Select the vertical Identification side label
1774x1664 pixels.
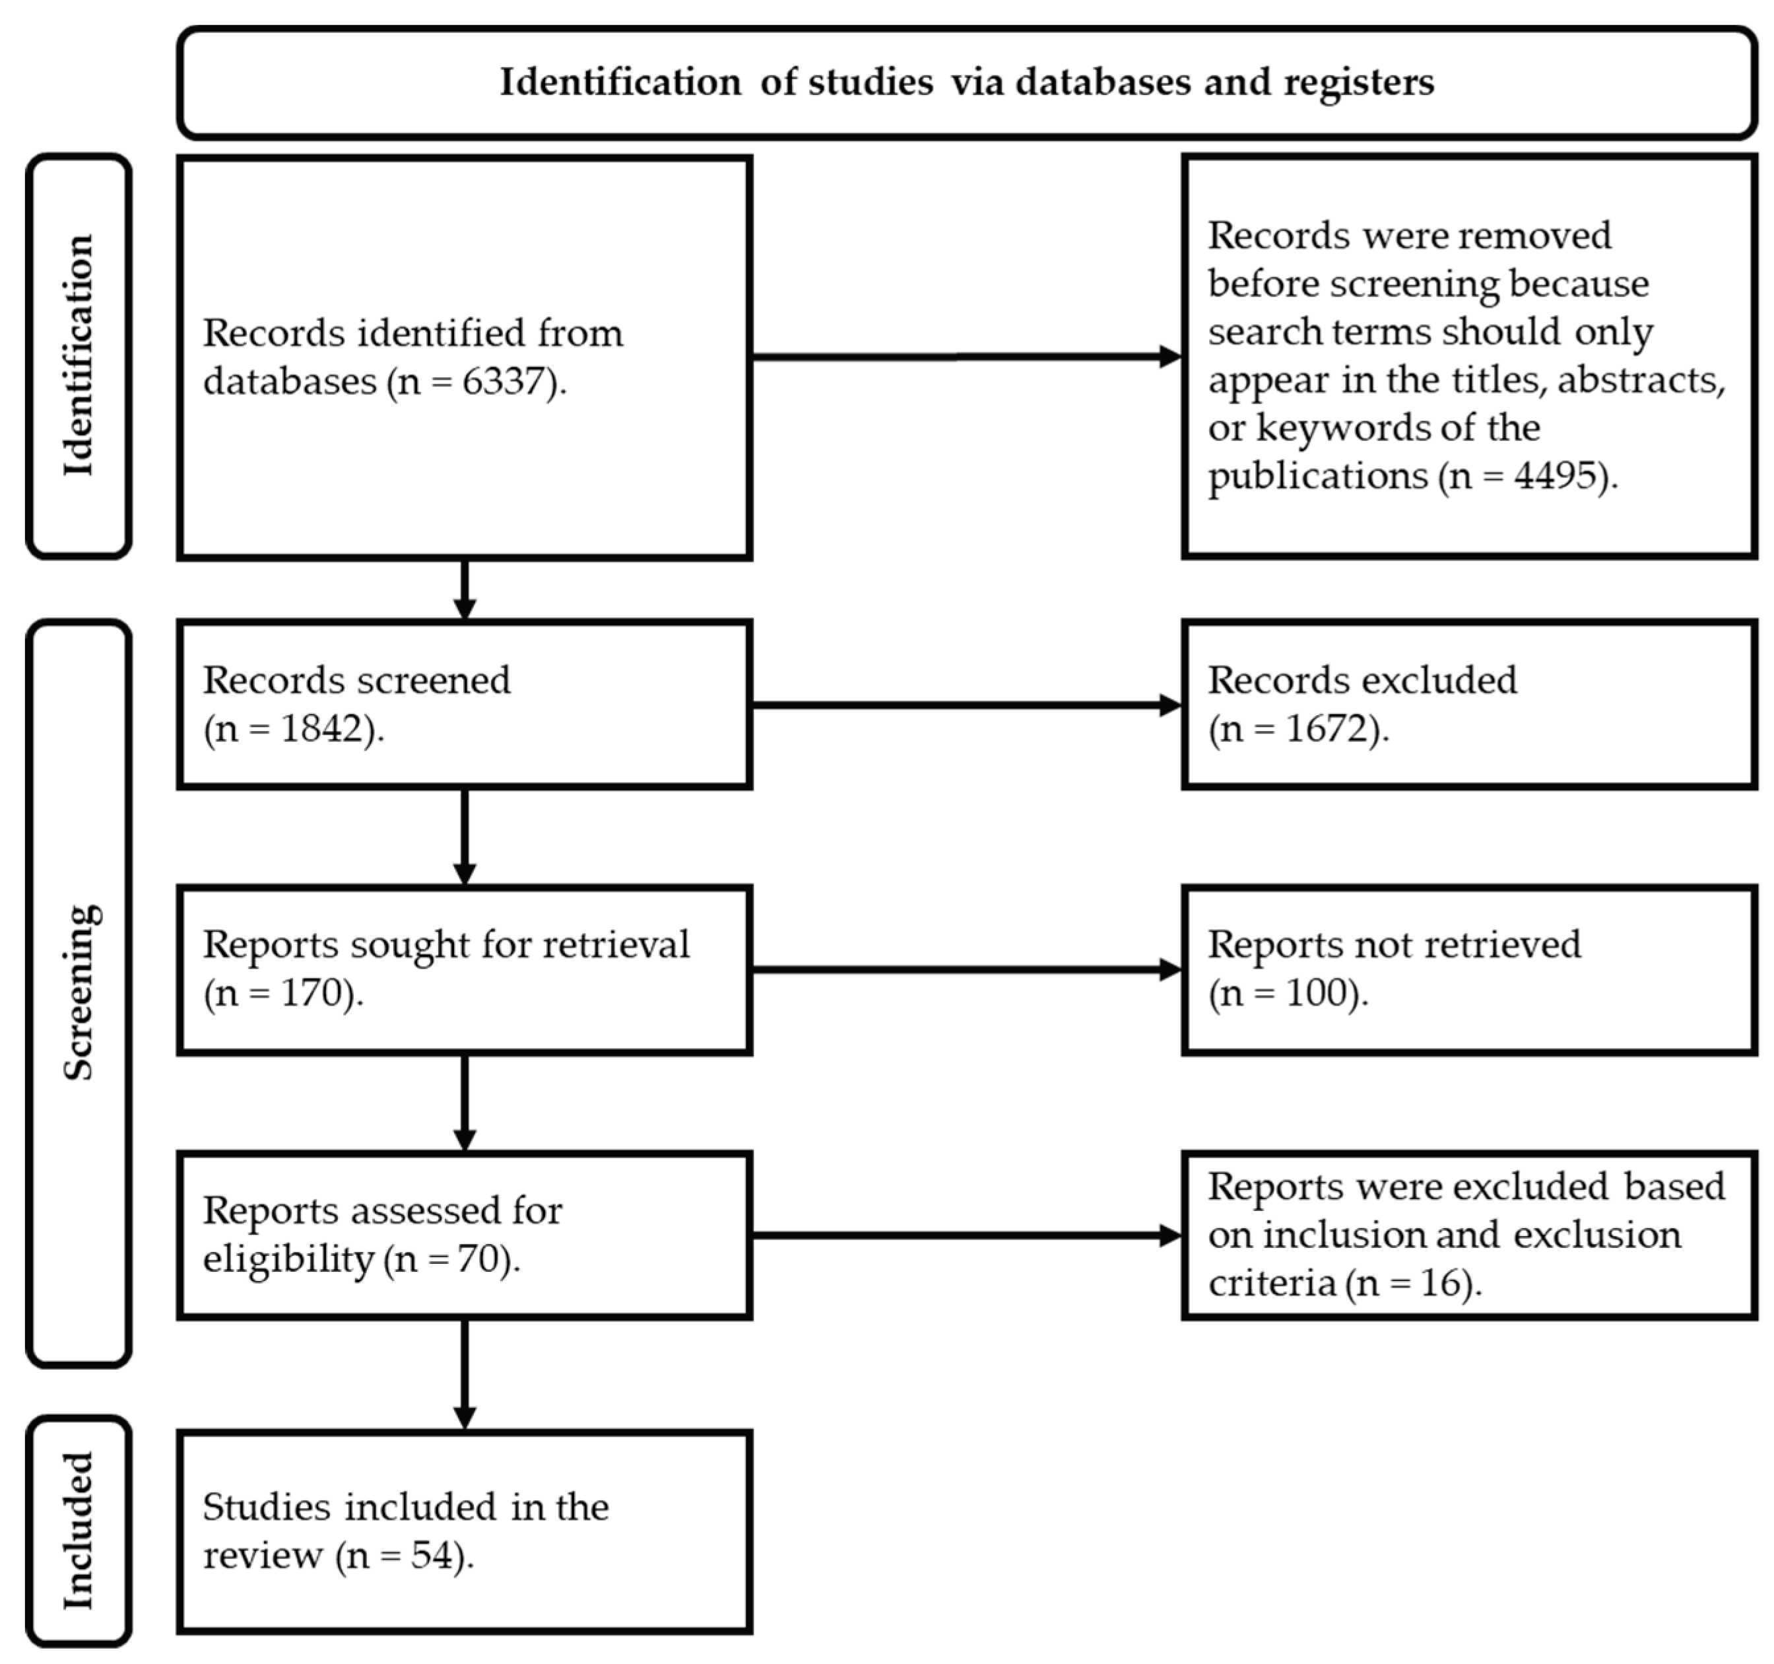79,355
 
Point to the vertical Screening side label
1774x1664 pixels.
79,992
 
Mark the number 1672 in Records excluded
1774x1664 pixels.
1329,730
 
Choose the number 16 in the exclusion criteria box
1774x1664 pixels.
1445,1283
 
